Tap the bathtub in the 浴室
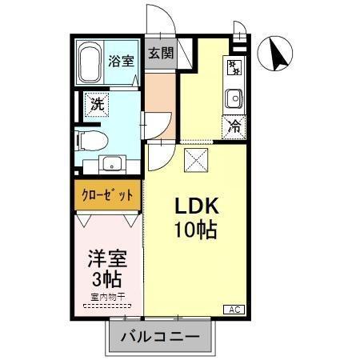(x=89, y=62)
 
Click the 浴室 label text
(x=122, y=61)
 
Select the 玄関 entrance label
(x=161, y=54)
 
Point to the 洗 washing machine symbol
(x=96, y=104)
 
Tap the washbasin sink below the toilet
(x=111, y=166)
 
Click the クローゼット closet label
(x=109, y=196)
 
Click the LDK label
(x=197, y=206)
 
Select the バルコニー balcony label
(x=160, y=337)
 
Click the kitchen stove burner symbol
(x=234, y=65)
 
